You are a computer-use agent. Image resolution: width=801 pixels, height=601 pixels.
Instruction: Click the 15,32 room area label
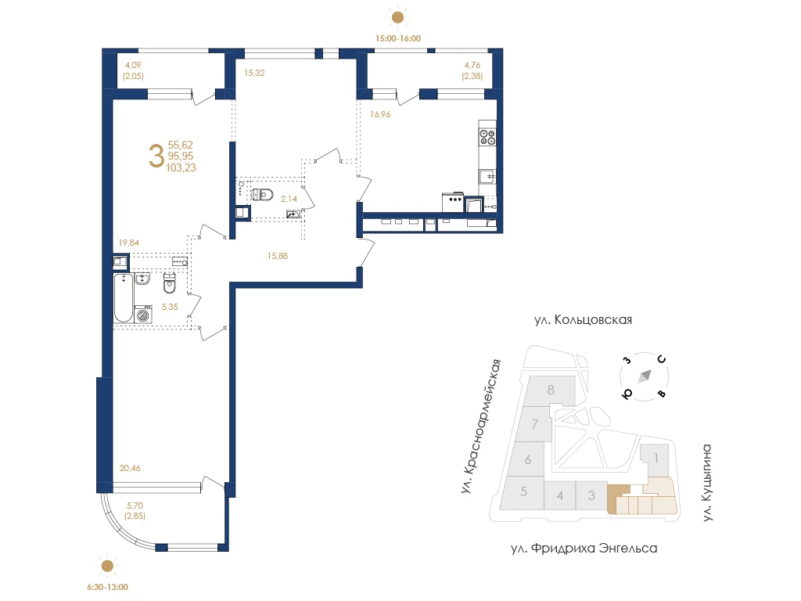click(x=254, y=73)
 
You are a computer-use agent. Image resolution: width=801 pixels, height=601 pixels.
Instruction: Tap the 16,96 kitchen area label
click(x=380, y=114)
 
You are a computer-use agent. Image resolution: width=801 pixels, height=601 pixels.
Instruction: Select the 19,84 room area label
click(x=129, y=243)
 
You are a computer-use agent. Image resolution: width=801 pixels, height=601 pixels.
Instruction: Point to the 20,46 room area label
click(x=130, y=468)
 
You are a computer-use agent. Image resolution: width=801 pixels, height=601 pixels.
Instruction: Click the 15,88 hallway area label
click(x=278, y=256)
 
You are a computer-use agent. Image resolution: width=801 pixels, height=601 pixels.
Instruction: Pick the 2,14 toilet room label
click(x=289, y=199)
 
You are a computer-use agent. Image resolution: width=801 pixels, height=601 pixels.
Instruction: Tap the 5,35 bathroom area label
click(x=170, y=307)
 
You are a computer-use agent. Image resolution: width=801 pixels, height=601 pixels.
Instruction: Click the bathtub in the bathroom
click(x=124, y=298)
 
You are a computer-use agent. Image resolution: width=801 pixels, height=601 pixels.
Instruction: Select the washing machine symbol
click(x=144, y=315)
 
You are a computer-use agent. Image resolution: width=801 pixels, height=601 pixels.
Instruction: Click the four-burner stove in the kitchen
click(x=487, y=137)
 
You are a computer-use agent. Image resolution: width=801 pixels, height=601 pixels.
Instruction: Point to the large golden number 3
click(x=156, y=156)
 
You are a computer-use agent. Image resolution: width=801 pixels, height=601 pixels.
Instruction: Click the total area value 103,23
click(x=181, y=167)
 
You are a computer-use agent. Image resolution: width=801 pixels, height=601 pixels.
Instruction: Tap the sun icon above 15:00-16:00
click(x=397, y=18)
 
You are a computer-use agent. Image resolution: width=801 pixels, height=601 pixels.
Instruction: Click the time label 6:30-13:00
click(x=107, y=587)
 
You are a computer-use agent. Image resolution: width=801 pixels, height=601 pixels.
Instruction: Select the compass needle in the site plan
click(x=645, y=376)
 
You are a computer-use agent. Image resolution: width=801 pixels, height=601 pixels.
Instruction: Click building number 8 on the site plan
click(x=551, y=390)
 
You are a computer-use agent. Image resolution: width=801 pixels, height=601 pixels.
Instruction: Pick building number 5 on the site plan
click(x=523, y=491)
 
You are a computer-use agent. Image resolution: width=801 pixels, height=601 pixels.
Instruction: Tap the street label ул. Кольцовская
click(x=583, y=320)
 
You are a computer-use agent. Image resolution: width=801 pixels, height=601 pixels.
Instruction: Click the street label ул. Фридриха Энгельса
click(x=584, y=549)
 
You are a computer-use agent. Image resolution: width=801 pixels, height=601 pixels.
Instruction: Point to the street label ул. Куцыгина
click(x=706, y=482)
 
